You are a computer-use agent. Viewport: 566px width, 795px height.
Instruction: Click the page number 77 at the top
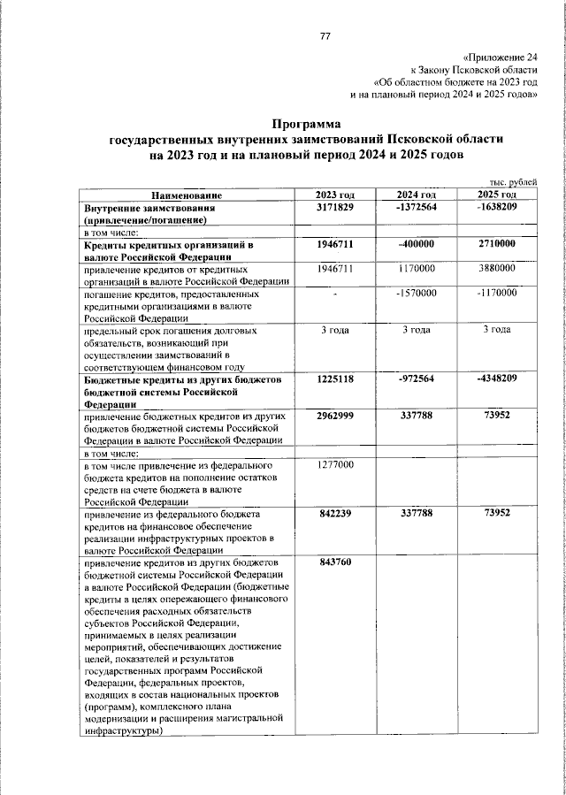click(325, 36)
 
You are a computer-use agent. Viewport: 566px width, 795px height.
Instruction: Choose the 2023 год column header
click(335, 195)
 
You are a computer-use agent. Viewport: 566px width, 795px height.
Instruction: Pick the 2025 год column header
click(496, 195)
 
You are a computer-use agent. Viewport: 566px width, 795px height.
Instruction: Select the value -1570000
click(416, 292)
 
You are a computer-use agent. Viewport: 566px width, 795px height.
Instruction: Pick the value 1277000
click(335, 463)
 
